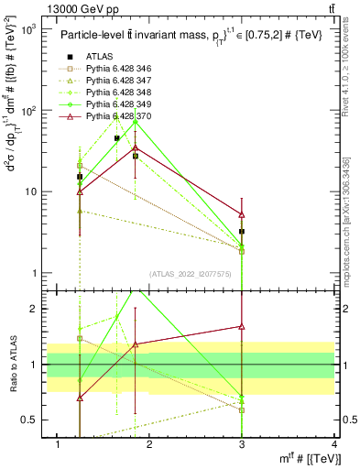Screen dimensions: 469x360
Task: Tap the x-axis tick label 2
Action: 149,445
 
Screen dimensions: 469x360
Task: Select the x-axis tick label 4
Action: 335,445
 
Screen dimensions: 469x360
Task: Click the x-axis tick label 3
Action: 242,445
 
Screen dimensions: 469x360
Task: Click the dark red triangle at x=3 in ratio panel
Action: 242,326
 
